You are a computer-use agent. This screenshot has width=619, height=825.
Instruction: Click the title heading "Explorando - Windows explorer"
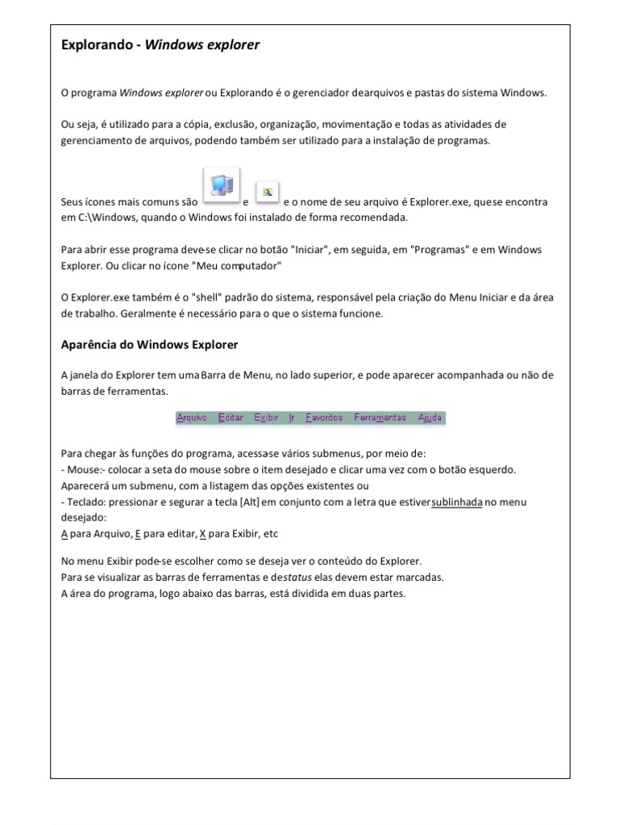[160, 45]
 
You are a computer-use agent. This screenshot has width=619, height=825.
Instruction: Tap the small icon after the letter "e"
[268, 192]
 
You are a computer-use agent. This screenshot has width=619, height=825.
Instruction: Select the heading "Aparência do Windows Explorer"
[150, 345]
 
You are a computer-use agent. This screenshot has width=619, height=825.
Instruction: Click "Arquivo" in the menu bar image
[192, 417]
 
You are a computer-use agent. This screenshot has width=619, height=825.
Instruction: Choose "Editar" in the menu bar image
[231, 417]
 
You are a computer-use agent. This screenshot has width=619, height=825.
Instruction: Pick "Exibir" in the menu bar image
[266, 417]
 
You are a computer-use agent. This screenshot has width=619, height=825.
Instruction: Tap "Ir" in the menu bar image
[292, 417]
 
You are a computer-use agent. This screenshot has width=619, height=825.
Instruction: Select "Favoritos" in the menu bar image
[324, 417]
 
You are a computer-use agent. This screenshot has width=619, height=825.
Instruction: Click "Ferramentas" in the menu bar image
[380, 417]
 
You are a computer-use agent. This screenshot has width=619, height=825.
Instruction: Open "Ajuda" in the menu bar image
[430, 417]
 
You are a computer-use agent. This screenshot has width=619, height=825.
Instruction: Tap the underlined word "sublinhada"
[456, 501]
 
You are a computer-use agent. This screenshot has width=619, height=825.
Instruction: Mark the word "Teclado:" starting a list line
[86, 501]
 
